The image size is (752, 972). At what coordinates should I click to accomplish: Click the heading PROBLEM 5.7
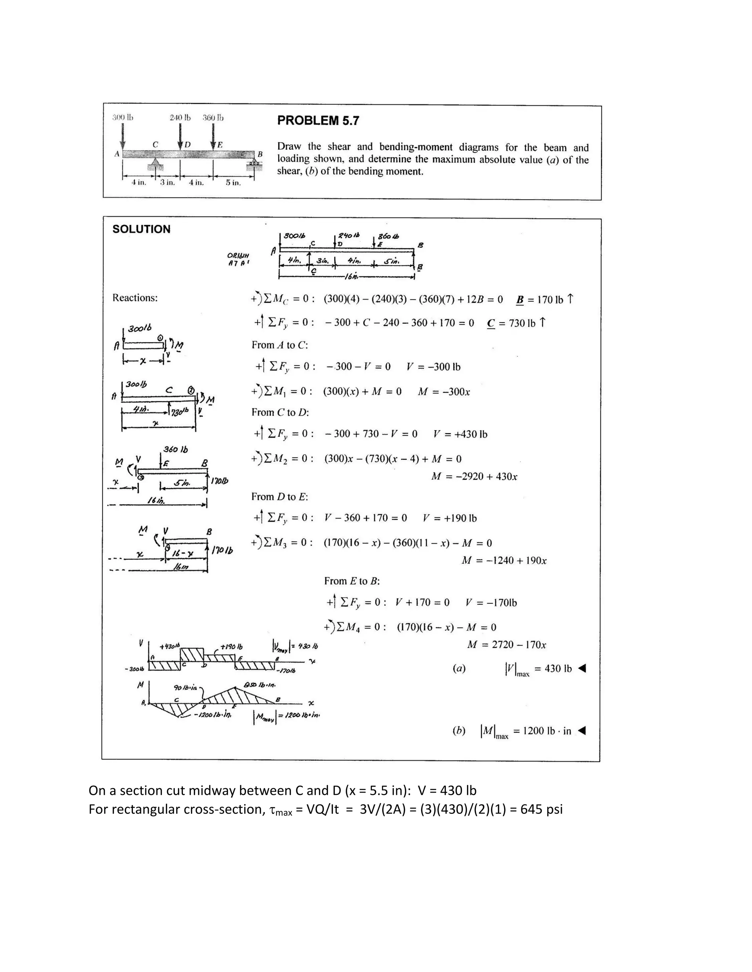pyautogui.click(x=318, y=121)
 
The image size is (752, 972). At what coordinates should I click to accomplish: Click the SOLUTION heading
pyautogui.click(x=141, y=229)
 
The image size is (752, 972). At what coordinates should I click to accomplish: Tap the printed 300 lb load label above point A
pyautogui.click(x=123, y=117)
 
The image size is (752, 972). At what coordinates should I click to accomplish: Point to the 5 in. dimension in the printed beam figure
pyautogui.click(x=233, y=182)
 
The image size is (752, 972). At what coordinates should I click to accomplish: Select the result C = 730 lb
pyautogui.click(x=516, y=323)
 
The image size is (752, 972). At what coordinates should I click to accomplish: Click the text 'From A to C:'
pyautogui.click(x=280, y=345)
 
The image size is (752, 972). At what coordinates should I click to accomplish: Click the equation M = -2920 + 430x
pyautogui.click(x=474, y=477)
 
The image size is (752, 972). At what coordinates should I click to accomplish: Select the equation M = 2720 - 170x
pyautogui.click(x=506, y=644)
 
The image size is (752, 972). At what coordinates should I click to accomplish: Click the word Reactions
pyautogui.click(x=135, y=298)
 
